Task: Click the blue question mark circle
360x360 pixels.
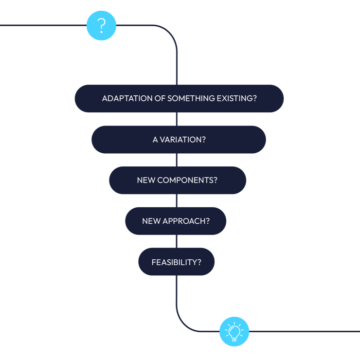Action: [x=101, y=25]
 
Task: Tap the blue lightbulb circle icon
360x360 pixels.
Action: [x=234, y=331]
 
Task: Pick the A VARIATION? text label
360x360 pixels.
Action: [x=179, y=140]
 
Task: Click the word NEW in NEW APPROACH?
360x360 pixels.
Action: [x=151, y=221]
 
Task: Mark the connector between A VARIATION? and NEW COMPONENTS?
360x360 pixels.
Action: [x=177, y=160]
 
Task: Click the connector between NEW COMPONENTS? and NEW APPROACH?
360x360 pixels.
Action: [x=177, y=201]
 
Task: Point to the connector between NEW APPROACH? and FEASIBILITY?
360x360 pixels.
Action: [x=177, y=241]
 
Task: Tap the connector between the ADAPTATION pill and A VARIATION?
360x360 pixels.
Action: [x=177, y=119]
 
